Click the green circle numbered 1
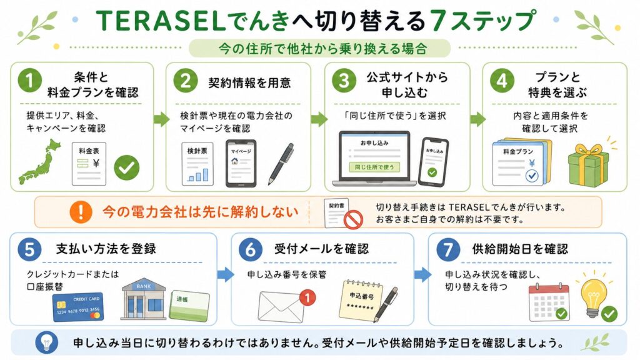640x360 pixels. tap(29, 80)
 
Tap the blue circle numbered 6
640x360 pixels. tap(250, 249)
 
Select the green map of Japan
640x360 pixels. tap(39, 162)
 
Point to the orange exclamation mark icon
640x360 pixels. tap(81, 212)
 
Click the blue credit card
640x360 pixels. tap(78, 306)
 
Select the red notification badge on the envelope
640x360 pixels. tap(307, 297)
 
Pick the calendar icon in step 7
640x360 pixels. tap(549, 302)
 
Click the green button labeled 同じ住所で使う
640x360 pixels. tap(374, 167)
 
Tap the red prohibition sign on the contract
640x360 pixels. tap(353, 219)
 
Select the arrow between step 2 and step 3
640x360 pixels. tap(319, 119)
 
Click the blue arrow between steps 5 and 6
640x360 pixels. tap(225, 275)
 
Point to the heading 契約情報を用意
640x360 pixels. tap(249, 83)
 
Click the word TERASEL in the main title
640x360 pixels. tap(161, 21)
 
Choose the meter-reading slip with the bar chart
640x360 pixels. tap(197, 164)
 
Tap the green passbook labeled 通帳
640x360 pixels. tap(190, 306)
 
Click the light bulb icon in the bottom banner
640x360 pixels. tap(46, 342)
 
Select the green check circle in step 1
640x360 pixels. tap(126, 167)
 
